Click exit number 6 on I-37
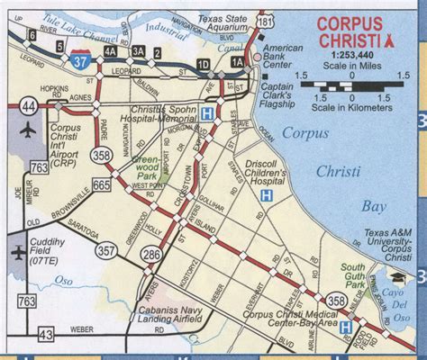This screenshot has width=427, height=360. click(x=32, y=35)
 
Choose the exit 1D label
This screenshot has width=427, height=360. click(x=203, y=64)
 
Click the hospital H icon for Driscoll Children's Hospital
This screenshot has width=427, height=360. click(x=266, y=194)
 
